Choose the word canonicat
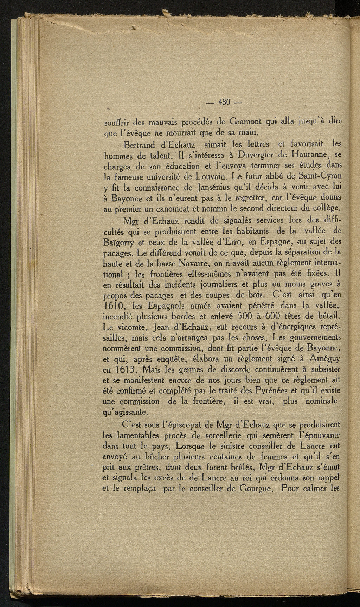(x=168, y=210)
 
